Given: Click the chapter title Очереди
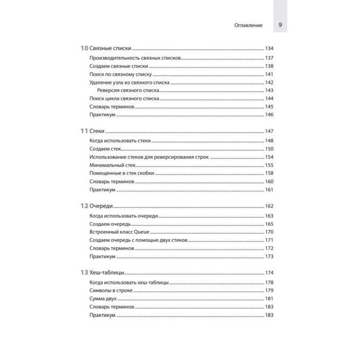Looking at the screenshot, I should [x=102, y=206].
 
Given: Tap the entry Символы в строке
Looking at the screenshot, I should [x=111, y=290].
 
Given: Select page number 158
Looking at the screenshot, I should [x=268, y=173].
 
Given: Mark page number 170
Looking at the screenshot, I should [x=268, y=232].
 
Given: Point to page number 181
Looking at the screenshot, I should [x=268, y=298].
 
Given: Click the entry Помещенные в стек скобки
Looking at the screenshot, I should [x=122, y=173].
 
